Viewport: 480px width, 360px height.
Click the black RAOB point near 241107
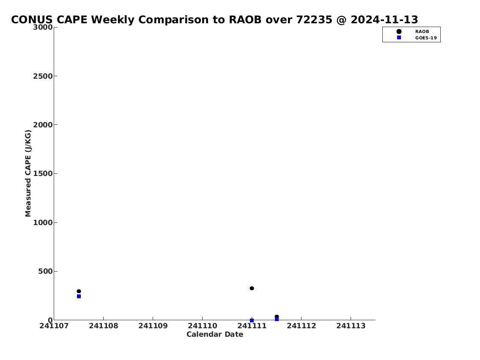(x=79, y=291)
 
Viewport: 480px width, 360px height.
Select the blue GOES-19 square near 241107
(x=79, y=296)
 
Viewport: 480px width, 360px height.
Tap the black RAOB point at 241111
(x=252, y=288)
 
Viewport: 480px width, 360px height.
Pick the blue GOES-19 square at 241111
(x=252, y=321)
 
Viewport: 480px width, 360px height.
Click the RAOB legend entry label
(x=422, y=32)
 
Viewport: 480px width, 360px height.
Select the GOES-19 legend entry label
(x=426, y=38)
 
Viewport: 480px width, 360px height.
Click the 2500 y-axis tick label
(x=43, y=76)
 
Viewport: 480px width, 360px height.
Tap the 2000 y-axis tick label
(x=43, y=125)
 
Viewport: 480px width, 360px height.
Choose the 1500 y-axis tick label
(x=43, y=173)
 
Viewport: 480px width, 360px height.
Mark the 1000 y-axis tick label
(x=43, y=223)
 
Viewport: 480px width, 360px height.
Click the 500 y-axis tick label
(x=45, y=271)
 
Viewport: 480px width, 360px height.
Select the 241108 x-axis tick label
(x=104, y=326)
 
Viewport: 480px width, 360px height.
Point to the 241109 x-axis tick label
(x=153, y=326)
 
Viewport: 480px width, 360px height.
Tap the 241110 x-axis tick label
(x=202, y=326)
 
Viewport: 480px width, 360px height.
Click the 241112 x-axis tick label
(x=301, y=326)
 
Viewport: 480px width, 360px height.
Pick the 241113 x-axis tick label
(x=351, y=326)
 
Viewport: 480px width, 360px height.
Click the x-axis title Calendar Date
(x=215, y=334)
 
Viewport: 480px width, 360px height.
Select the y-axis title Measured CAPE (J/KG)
(x=28, y=173)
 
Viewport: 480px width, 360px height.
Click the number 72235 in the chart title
(x=314, y=19)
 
